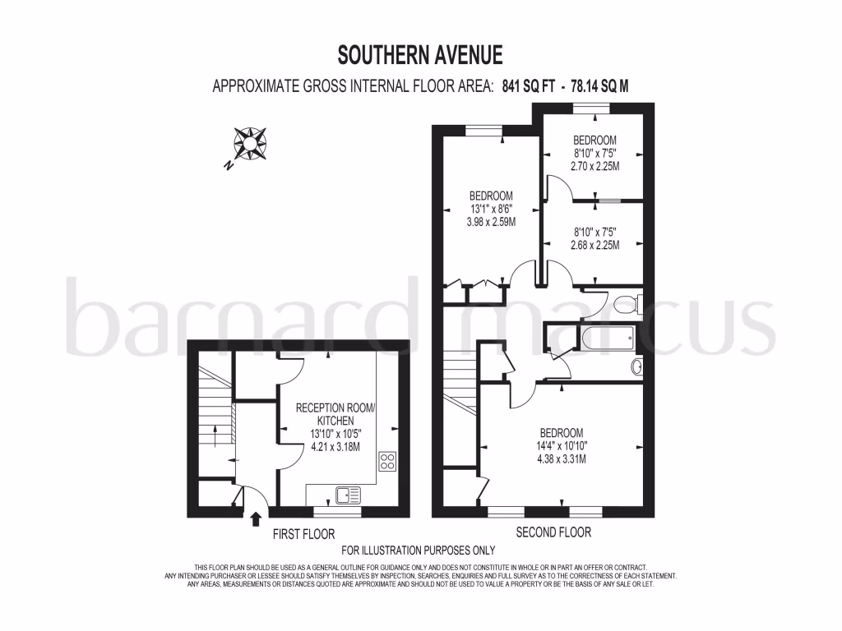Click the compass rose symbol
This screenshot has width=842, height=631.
tap(248, 143)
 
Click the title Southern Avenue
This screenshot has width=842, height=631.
tap(420, 55)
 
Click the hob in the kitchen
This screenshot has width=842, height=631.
tap(387, 461)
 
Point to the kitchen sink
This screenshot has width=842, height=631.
tap(348, 495)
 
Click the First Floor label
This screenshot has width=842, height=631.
tap(303, 534)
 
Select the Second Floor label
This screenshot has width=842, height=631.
tap(553, 532)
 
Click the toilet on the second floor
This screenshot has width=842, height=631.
tap(627, 305)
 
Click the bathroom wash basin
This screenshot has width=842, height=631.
tap(636, 366)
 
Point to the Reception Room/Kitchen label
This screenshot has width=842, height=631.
tap(335, 415)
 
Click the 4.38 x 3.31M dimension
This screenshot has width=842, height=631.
tap(562, 459)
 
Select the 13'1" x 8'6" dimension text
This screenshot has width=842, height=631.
tap(491, 209)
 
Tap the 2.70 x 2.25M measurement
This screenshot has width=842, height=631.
tap(594, 166)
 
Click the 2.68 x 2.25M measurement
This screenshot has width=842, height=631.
tap(594, 245)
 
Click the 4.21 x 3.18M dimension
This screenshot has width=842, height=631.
tap(335, 447)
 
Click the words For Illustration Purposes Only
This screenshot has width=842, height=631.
tap(419, 550)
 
